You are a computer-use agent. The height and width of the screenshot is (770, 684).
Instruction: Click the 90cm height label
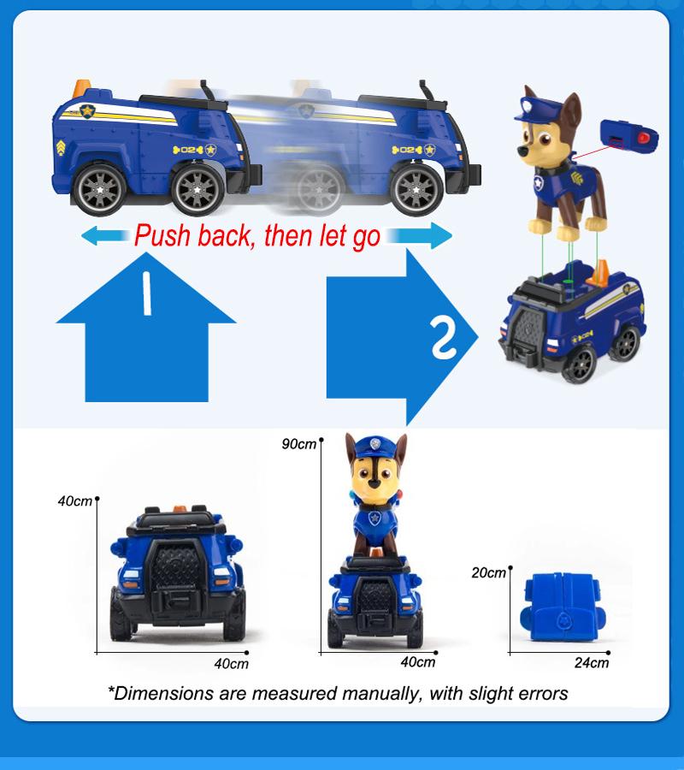point(298,444)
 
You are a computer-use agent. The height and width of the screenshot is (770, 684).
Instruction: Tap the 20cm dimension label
point(488,572)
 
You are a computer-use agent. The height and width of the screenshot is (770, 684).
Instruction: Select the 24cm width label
point(592,663)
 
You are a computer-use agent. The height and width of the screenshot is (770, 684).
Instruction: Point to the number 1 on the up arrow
point(146,293)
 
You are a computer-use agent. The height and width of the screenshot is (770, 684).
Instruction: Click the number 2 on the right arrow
point(444,338)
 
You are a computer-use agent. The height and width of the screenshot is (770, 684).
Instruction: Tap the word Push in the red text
point(162,235)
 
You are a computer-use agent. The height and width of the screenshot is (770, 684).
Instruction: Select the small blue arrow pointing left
point(105,236)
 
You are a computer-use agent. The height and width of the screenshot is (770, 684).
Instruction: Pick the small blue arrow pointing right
point(419,236)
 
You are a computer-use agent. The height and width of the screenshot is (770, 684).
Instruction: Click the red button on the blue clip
point(644,137)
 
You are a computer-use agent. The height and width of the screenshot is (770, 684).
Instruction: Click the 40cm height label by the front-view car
point(75,500)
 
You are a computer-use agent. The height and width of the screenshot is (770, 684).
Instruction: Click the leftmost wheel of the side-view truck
point(99,189)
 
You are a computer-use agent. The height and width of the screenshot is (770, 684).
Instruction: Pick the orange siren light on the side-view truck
point(81,88)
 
